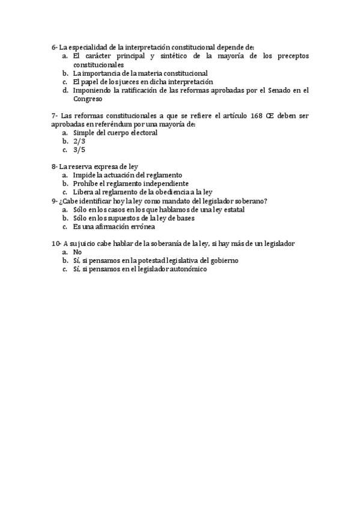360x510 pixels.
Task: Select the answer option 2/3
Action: click(78, 141)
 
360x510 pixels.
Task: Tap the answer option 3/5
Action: click(78, 150)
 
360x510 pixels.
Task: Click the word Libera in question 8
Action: click(84, 192)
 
